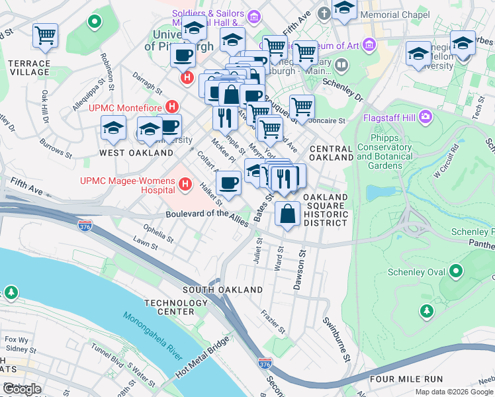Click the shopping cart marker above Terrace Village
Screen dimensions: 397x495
(45, 35)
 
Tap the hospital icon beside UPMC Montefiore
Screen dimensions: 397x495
(173, 106)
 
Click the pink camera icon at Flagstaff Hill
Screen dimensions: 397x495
(425, 118)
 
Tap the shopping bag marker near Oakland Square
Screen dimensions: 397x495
(287, 214)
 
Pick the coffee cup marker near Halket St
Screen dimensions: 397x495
(228, 183)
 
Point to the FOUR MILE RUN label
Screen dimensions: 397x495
(406, 379)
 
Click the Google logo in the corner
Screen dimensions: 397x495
(22, 389)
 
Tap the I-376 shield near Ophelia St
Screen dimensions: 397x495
(85, 226)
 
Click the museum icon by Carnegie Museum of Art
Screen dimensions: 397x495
(369, 45)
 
